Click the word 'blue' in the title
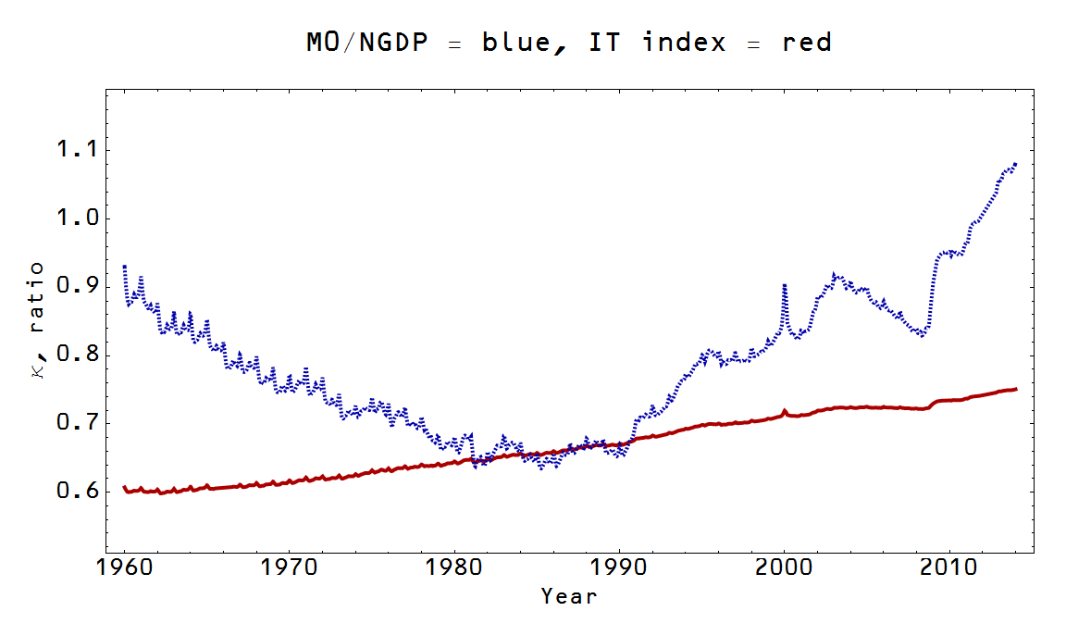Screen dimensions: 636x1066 pyautogui.click(x=515, y=43)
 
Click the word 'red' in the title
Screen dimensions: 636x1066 pyautogui.click(x=806, y=43)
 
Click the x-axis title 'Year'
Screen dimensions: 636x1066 pyautogui.click(x=568, y=595)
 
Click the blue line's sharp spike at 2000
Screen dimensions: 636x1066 pyautogui.click(x=785, y=286)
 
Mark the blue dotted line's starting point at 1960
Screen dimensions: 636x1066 pyautogui.click(x=125, y=267)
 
